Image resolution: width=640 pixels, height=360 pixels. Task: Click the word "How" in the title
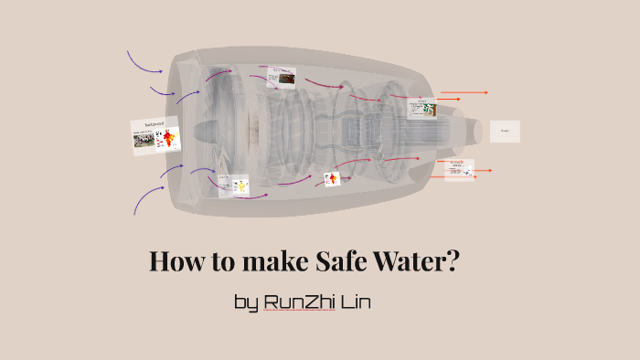click(x=175, y=263)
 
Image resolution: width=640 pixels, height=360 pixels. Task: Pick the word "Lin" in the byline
click(x=356, y=302)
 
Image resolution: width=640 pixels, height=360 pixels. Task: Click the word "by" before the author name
click(x=246, y=303)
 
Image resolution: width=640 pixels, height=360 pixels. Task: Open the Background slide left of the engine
click(x=155, y=135)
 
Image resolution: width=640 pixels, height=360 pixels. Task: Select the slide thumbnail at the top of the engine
click(x=281, y=77)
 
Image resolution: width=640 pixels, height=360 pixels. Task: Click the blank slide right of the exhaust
click(x=505, y=131)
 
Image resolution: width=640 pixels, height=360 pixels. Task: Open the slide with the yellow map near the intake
click(x=234, y=185)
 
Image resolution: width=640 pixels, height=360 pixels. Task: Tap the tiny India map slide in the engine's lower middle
click(x=332, y=179)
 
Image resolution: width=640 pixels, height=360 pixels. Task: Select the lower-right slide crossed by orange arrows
click(x=458, y=169)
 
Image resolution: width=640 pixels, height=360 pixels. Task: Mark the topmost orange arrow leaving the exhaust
click(x=464, y=92)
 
